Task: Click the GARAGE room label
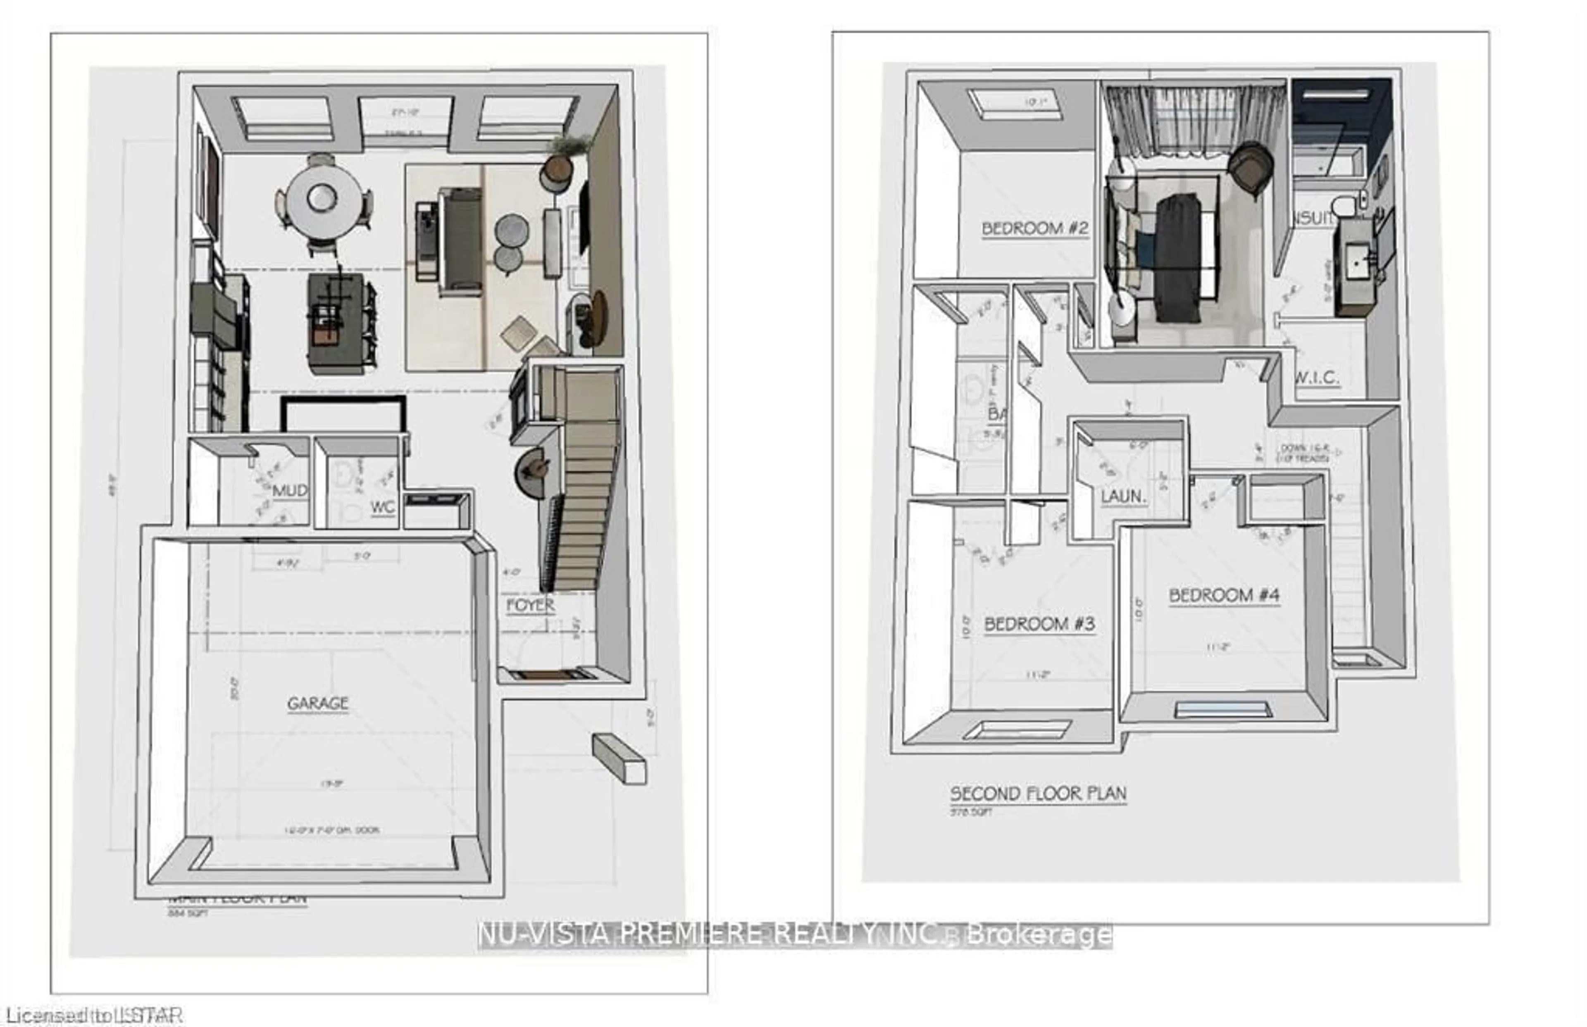coord(318,703)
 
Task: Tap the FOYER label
coord(530,605)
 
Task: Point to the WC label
coord(383,507)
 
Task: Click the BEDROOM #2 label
coord(1035,228)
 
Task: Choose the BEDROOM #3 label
coord(1039,625)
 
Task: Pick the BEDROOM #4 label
coord(1224,595)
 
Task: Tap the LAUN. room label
coord(1124,497)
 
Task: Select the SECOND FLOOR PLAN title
coord(1038,794)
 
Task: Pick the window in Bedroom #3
coord(1017,730)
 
